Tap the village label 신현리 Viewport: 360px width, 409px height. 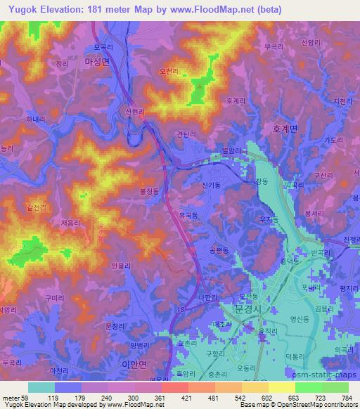click(134, 112)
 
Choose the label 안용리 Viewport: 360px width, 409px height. click(121, 266)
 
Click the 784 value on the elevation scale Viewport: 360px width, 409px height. click(347, 398)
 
